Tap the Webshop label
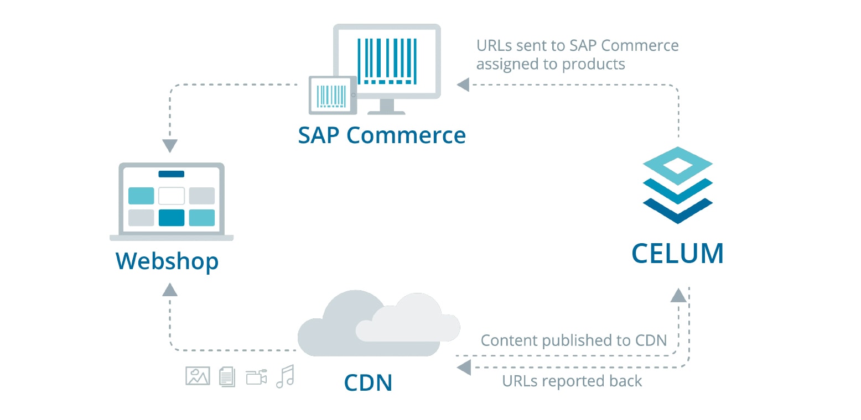[167, 261]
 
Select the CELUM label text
[677, 254]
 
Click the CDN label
[368, 382]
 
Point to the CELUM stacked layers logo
[677, 185]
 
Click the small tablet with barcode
[332, 95]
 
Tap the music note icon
[286, 376]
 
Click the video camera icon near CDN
[257, 376]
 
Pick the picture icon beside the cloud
[198, 376]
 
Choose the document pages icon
[227, 376]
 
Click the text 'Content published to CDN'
[574, 340]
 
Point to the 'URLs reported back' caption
[572, 381]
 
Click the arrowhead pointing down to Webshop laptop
[170, 146]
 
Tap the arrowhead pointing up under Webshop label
[170, 289]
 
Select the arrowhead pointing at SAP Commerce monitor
[463, 85]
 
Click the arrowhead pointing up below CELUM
[678, 295]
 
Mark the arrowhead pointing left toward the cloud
[464, 366]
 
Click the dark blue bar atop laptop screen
[171, 174]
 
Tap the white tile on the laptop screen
[171, 196]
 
